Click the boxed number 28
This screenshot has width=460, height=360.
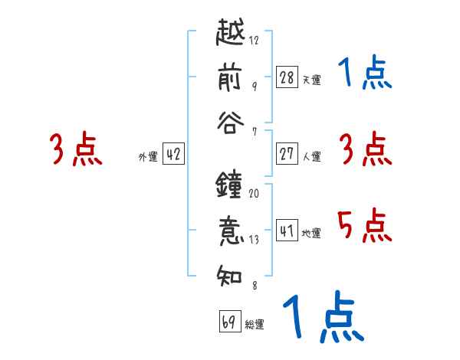click(287, 77)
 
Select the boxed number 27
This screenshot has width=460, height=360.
click(287, 154)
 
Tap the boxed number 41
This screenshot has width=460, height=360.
click(287, 231)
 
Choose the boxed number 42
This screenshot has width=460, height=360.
click(173, 154)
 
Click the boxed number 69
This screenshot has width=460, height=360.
click(228, 322)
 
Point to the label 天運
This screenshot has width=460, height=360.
click(311, 80)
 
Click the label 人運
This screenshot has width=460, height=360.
click(311, 156)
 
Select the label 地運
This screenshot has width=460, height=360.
click(311, 233)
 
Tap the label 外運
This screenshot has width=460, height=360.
click(148, 156)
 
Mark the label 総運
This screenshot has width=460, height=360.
click(254, 324)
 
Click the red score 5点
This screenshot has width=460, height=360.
click(364, 226)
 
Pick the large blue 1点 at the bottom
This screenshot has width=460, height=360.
click(322, 318)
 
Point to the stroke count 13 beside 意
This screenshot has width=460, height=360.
click(254, 239)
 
